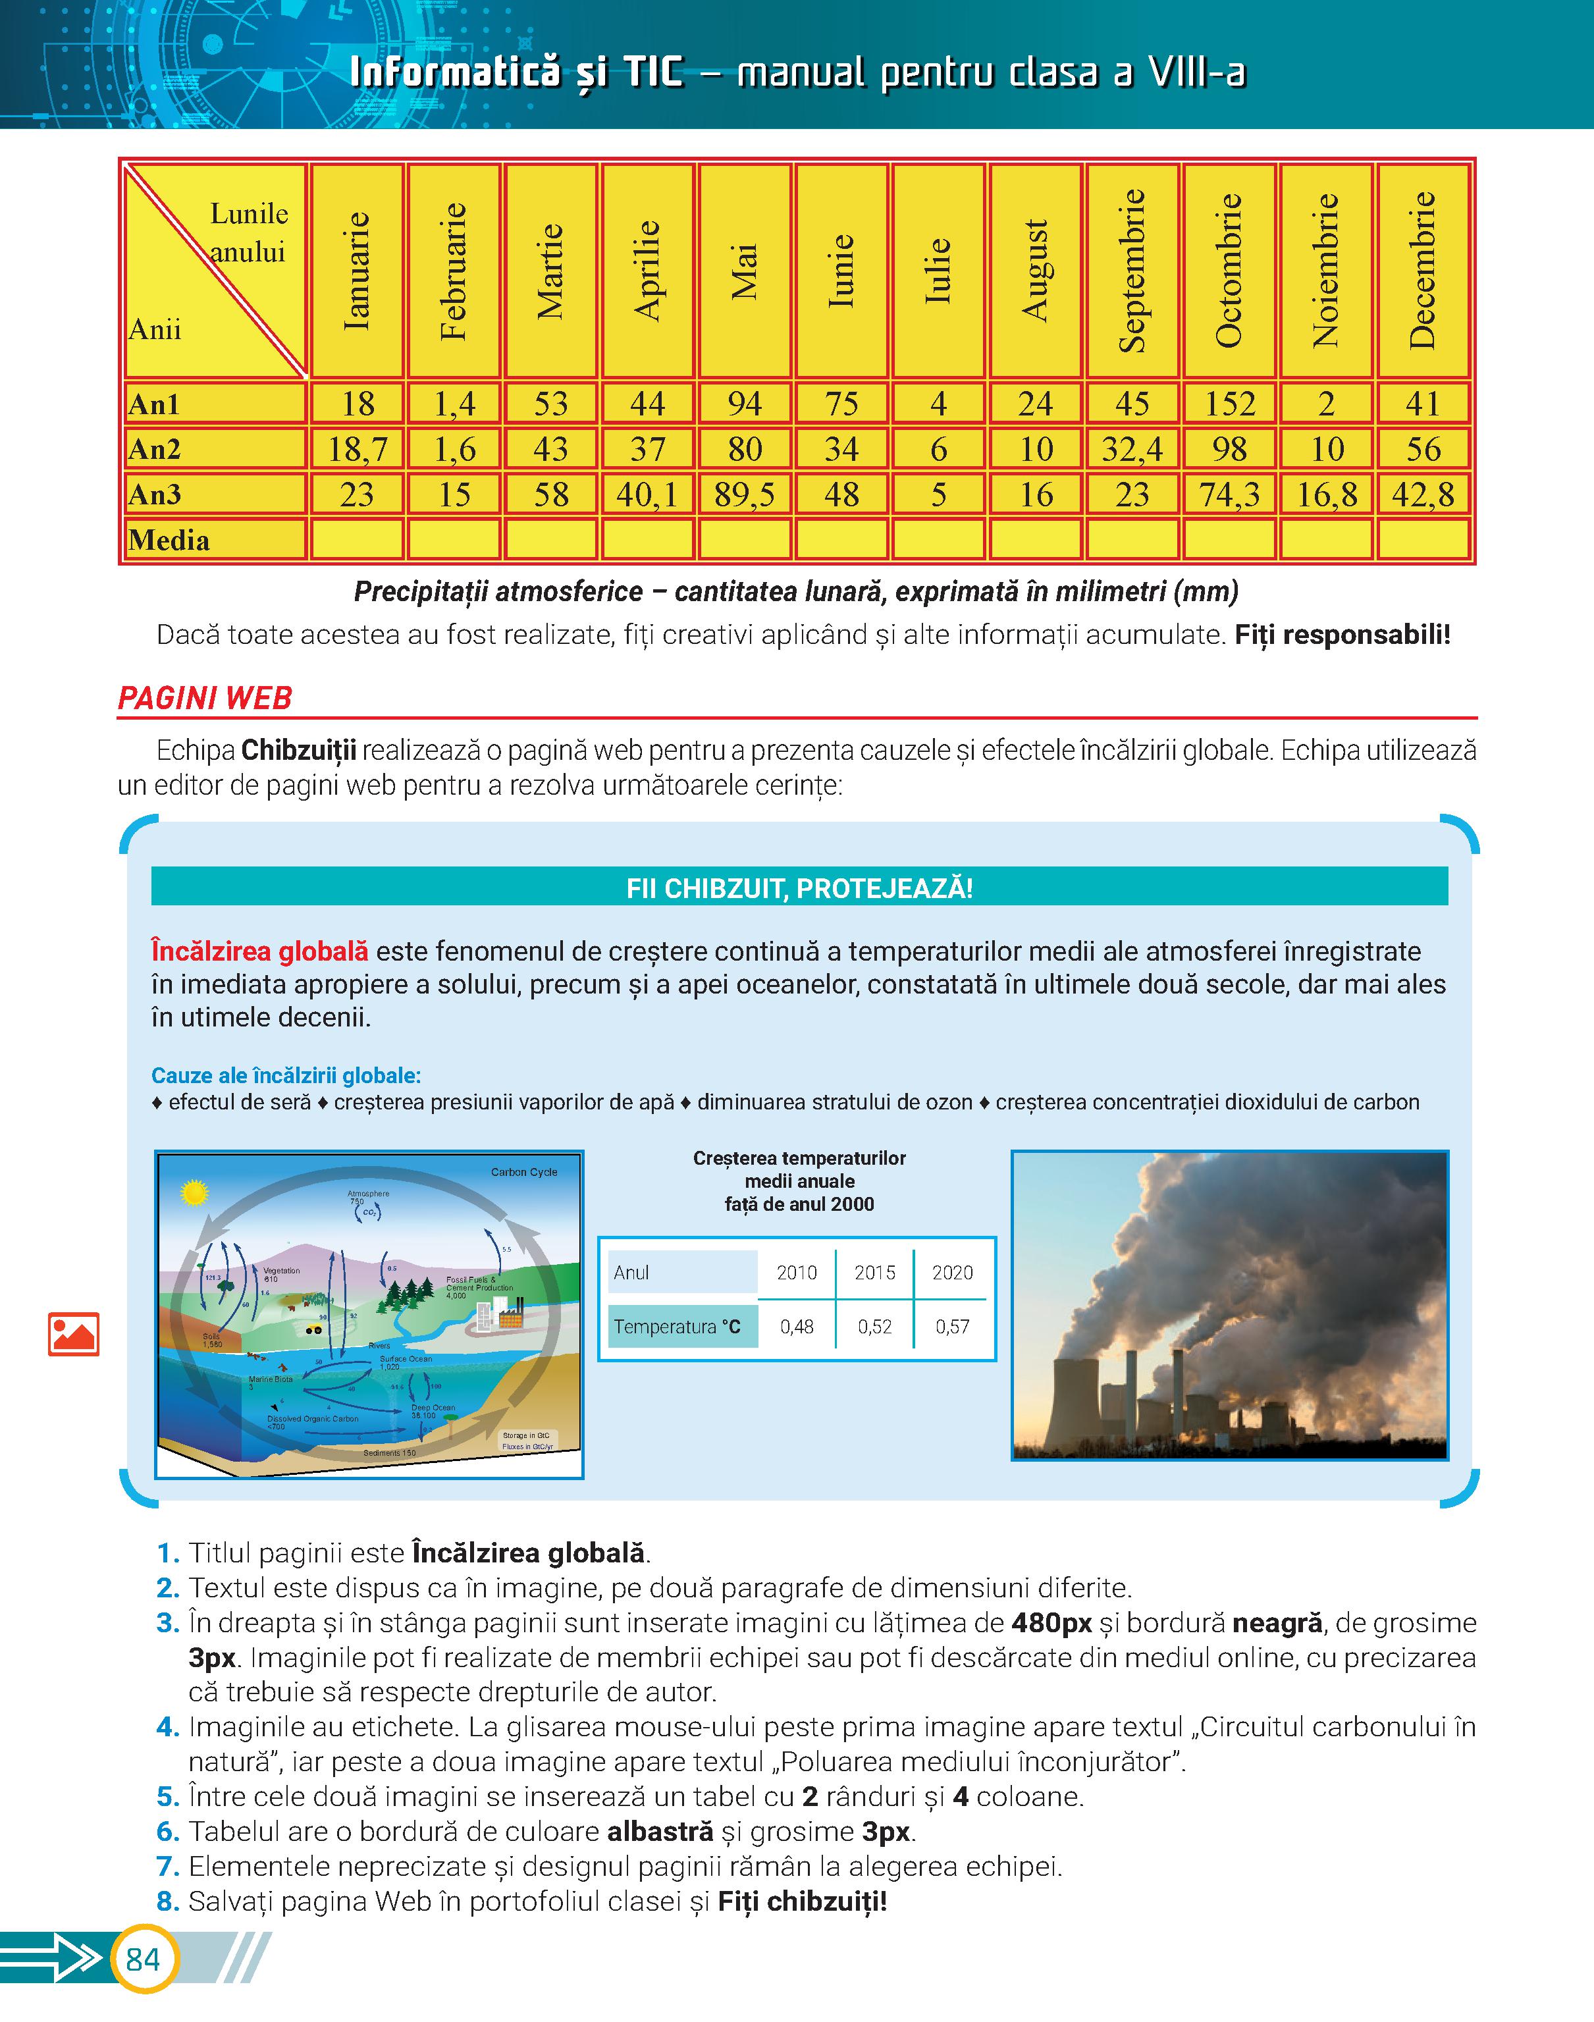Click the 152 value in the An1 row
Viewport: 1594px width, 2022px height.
1229,404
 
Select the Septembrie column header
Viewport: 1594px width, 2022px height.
1132,271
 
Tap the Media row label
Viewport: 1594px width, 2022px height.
170,541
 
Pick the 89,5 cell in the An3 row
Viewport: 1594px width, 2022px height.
744,494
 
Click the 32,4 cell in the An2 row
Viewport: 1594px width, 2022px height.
1132,450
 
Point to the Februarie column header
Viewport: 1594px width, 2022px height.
454,271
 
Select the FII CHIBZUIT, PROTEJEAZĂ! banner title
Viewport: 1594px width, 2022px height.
799,888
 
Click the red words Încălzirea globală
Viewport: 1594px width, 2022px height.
259,952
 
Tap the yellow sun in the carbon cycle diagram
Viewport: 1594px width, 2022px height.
194,1192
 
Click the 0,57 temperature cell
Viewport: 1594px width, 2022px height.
952,1326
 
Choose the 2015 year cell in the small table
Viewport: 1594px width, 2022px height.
874,1273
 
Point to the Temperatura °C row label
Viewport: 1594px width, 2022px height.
677,1326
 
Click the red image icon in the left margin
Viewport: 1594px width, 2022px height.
73,1335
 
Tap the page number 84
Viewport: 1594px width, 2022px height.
143,1959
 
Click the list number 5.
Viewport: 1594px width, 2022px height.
168,1796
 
